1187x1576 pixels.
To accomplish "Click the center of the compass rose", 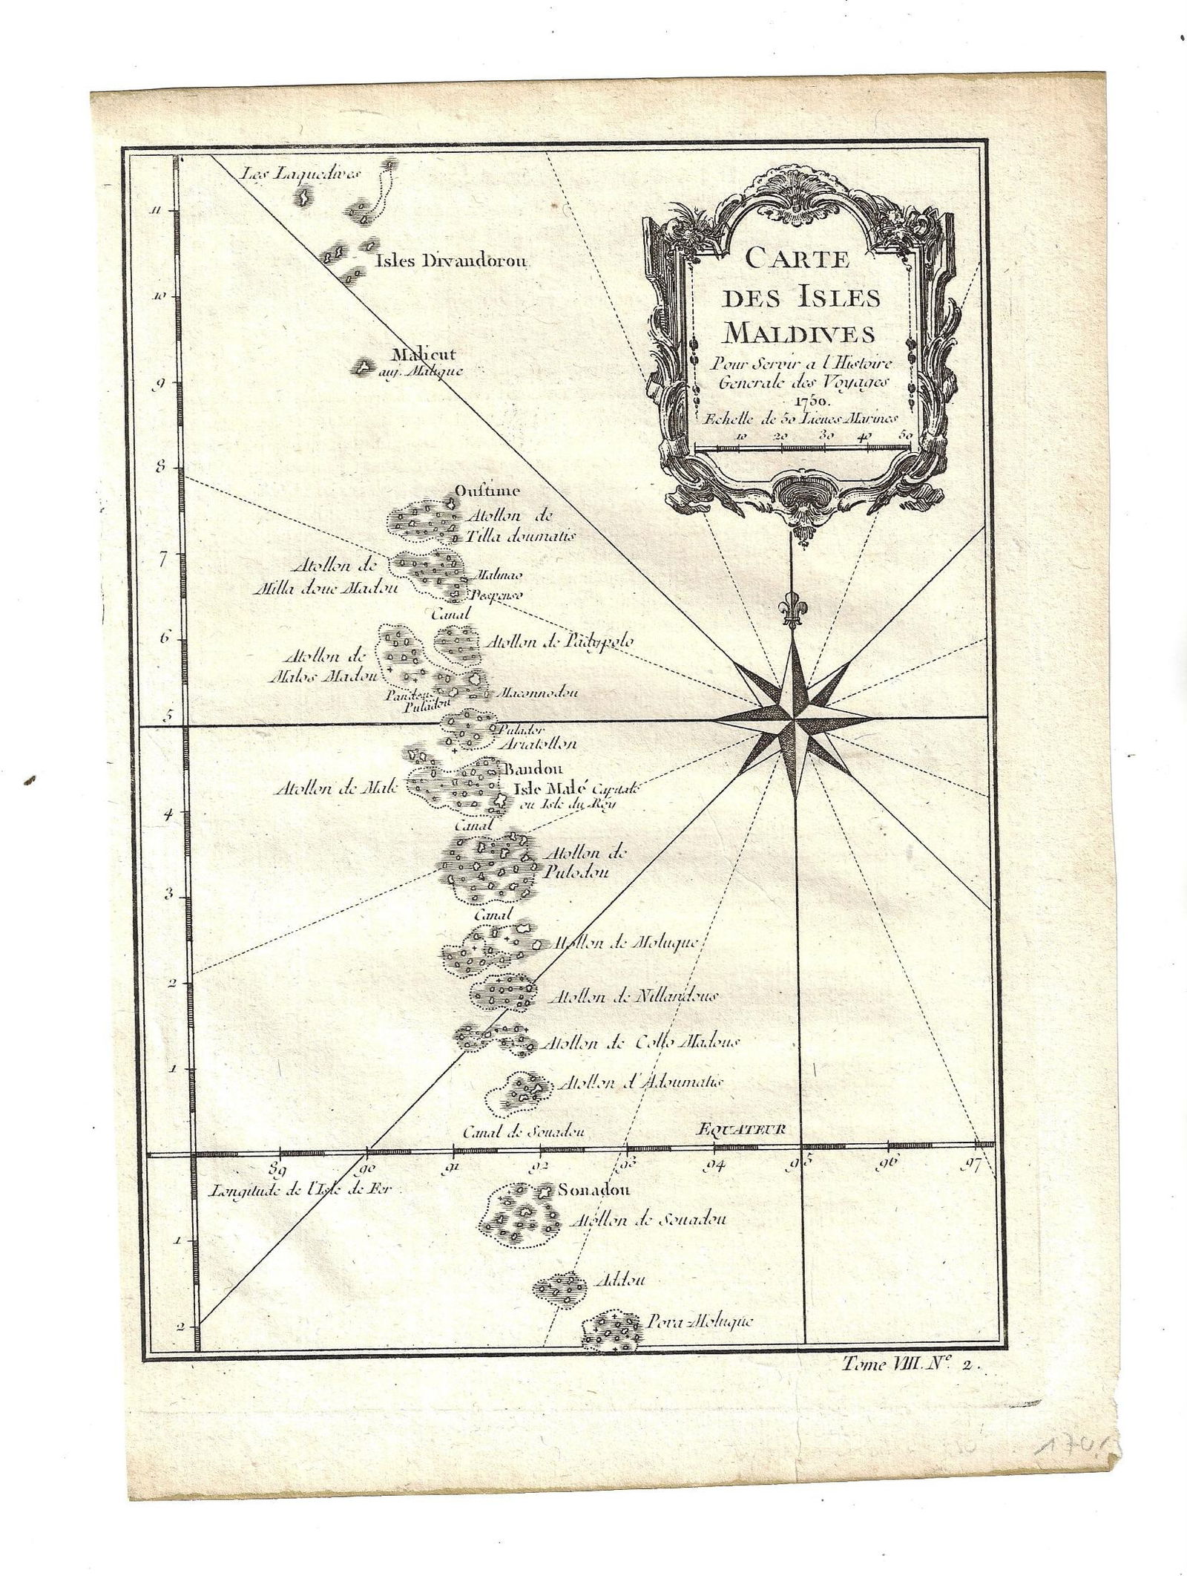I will click(795, 719).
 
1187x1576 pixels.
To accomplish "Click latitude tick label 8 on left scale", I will click(164, 468).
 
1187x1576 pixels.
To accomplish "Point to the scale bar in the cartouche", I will click(803, 447).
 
